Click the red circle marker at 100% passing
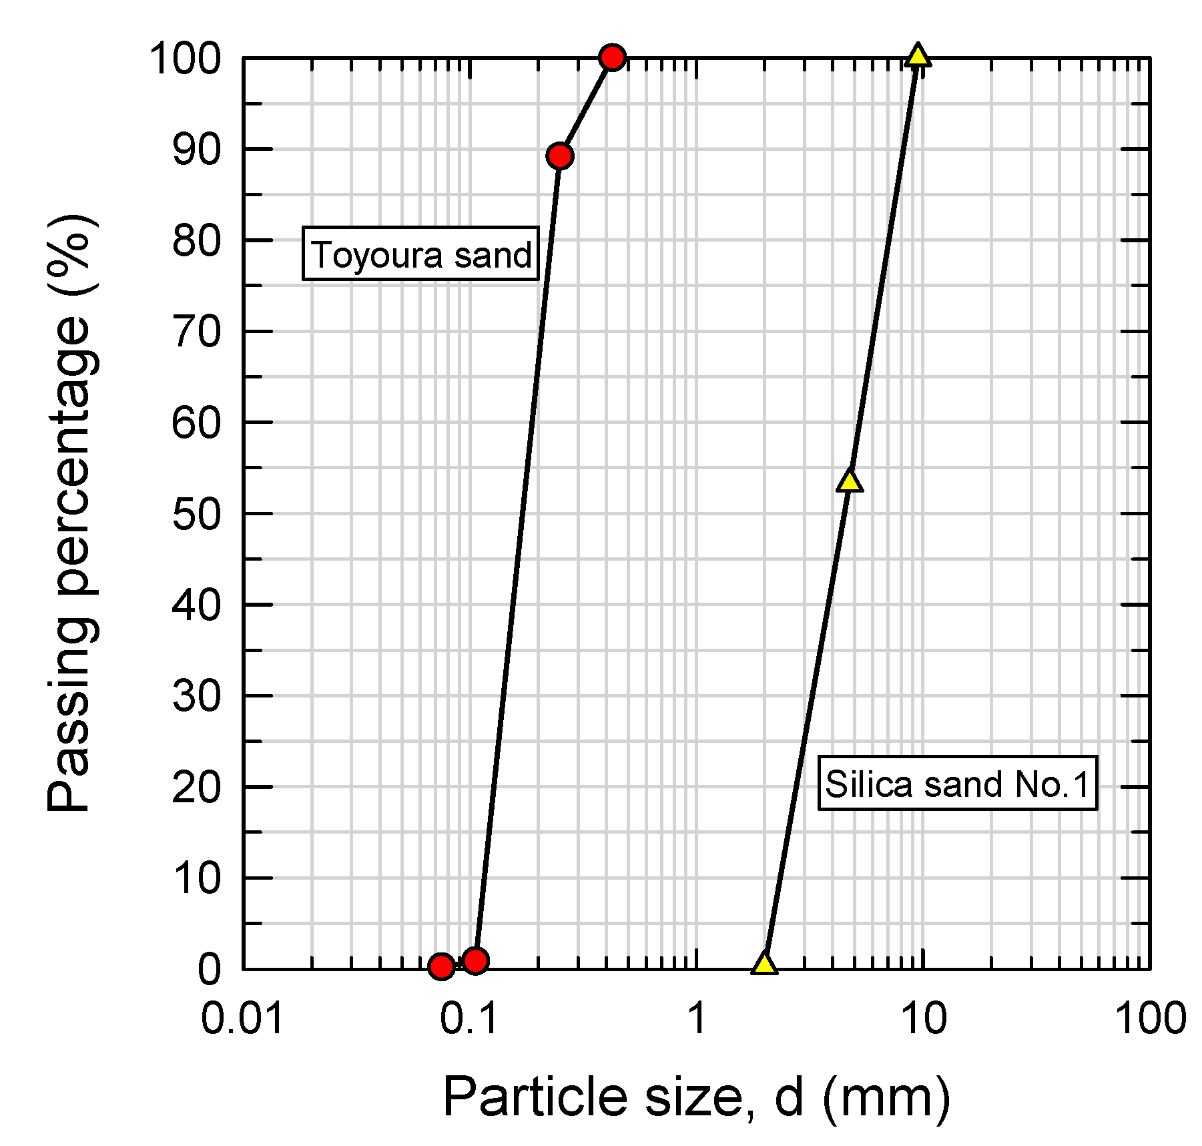click(612, 58)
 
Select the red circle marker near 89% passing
click(560, 156)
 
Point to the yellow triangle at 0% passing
click(764, 964)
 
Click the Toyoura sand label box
click(420, 254)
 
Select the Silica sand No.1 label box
click(958, 784)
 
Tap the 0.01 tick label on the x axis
click(242, 1019)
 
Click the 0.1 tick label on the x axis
click(470, 1019)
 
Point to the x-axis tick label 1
click(697, 1019)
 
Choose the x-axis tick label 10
click(924, 1019)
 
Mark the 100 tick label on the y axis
click(185, 59)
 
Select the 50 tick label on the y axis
click(196, 515)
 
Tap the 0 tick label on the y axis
click(209, 970)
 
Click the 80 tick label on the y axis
click(196, 241)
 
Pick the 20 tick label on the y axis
click(196, 788)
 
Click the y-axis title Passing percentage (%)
click(72, 513)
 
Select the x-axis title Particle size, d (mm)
click(696, 1097)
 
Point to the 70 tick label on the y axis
click(196, 332)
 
